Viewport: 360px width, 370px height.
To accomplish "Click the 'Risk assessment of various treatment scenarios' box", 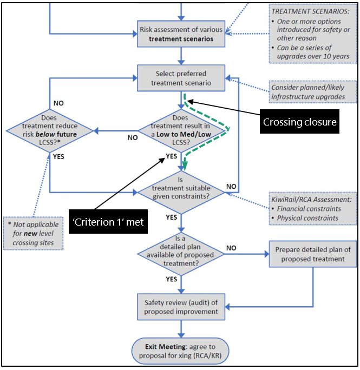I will point(181,34).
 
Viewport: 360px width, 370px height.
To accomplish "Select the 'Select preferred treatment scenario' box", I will point(181,78).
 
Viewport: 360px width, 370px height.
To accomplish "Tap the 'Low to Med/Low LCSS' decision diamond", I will point(181,130).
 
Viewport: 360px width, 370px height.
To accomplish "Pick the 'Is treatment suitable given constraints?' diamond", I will point(181,189).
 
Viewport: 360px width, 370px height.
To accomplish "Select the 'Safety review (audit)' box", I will point(181,307).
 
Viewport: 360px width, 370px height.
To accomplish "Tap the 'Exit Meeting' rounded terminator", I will point(181,351).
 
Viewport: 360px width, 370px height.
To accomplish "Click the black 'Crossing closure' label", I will point(299,122).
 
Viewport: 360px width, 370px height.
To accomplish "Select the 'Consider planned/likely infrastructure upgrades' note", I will point(307,92).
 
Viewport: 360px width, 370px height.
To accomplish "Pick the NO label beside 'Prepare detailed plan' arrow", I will point(231,247).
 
